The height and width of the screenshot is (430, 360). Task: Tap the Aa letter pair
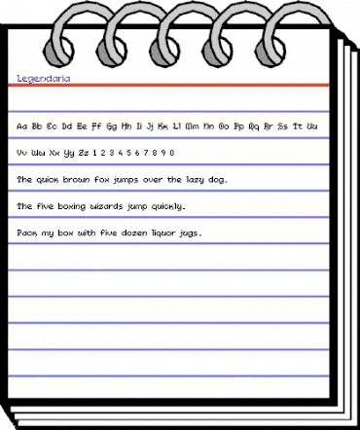pyautogui.click(x=22, y=125)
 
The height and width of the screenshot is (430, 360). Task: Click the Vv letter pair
pyautogui.click(x=22, y=153)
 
